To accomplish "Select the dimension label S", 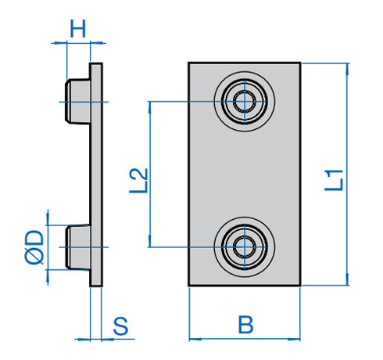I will (121, 326).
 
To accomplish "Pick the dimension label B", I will (245, 323).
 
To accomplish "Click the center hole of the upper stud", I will (244, 101).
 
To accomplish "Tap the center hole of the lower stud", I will (244, 247).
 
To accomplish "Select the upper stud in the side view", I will (77, 101).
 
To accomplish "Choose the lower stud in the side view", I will (77, 247).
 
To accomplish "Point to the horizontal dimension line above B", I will (245, 339).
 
